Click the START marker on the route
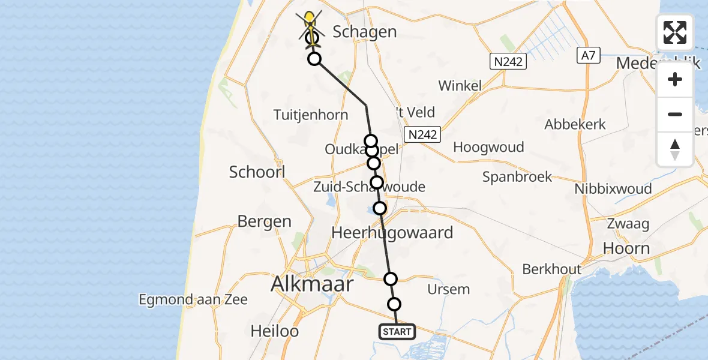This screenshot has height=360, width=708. tap(397, 331)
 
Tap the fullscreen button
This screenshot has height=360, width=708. tap(675, 32)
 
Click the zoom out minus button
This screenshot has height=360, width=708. tap(675, 114)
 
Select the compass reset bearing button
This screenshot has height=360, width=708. tap(675, 149)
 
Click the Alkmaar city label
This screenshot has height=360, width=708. tap(312, 283)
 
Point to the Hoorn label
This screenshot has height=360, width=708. tap(626, 248)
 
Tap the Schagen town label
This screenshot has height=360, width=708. tap(364, 32)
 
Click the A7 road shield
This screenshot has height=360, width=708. tap(588, 55)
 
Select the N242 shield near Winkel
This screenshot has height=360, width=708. tap(508, 61)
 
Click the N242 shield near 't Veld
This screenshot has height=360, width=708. tap(422, 134)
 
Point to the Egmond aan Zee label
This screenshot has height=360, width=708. tap(193, 299)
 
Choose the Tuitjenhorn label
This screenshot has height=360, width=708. tap(310, 115)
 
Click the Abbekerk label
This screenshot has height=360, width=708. tap(575, 125)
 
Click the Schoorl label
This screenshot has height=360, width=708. tap(257, 172)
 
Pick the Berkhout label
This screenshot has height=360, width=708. tap(552, 269)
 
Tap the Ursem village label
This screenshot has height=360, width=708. tap(448, 289)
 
